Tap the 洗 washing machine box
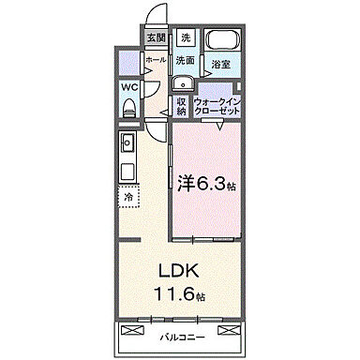point(186,38)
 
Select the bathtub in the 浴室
point(222,42)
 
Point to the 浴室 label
point(221,65)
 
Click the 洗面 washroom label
point(186,61)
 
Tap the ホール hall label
point(156,59)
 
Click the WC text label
point(128,89)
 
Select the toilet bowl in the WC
point(128,109)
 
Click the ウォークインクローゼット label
point(217,106)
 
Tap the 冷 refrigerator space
point(127,198)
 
